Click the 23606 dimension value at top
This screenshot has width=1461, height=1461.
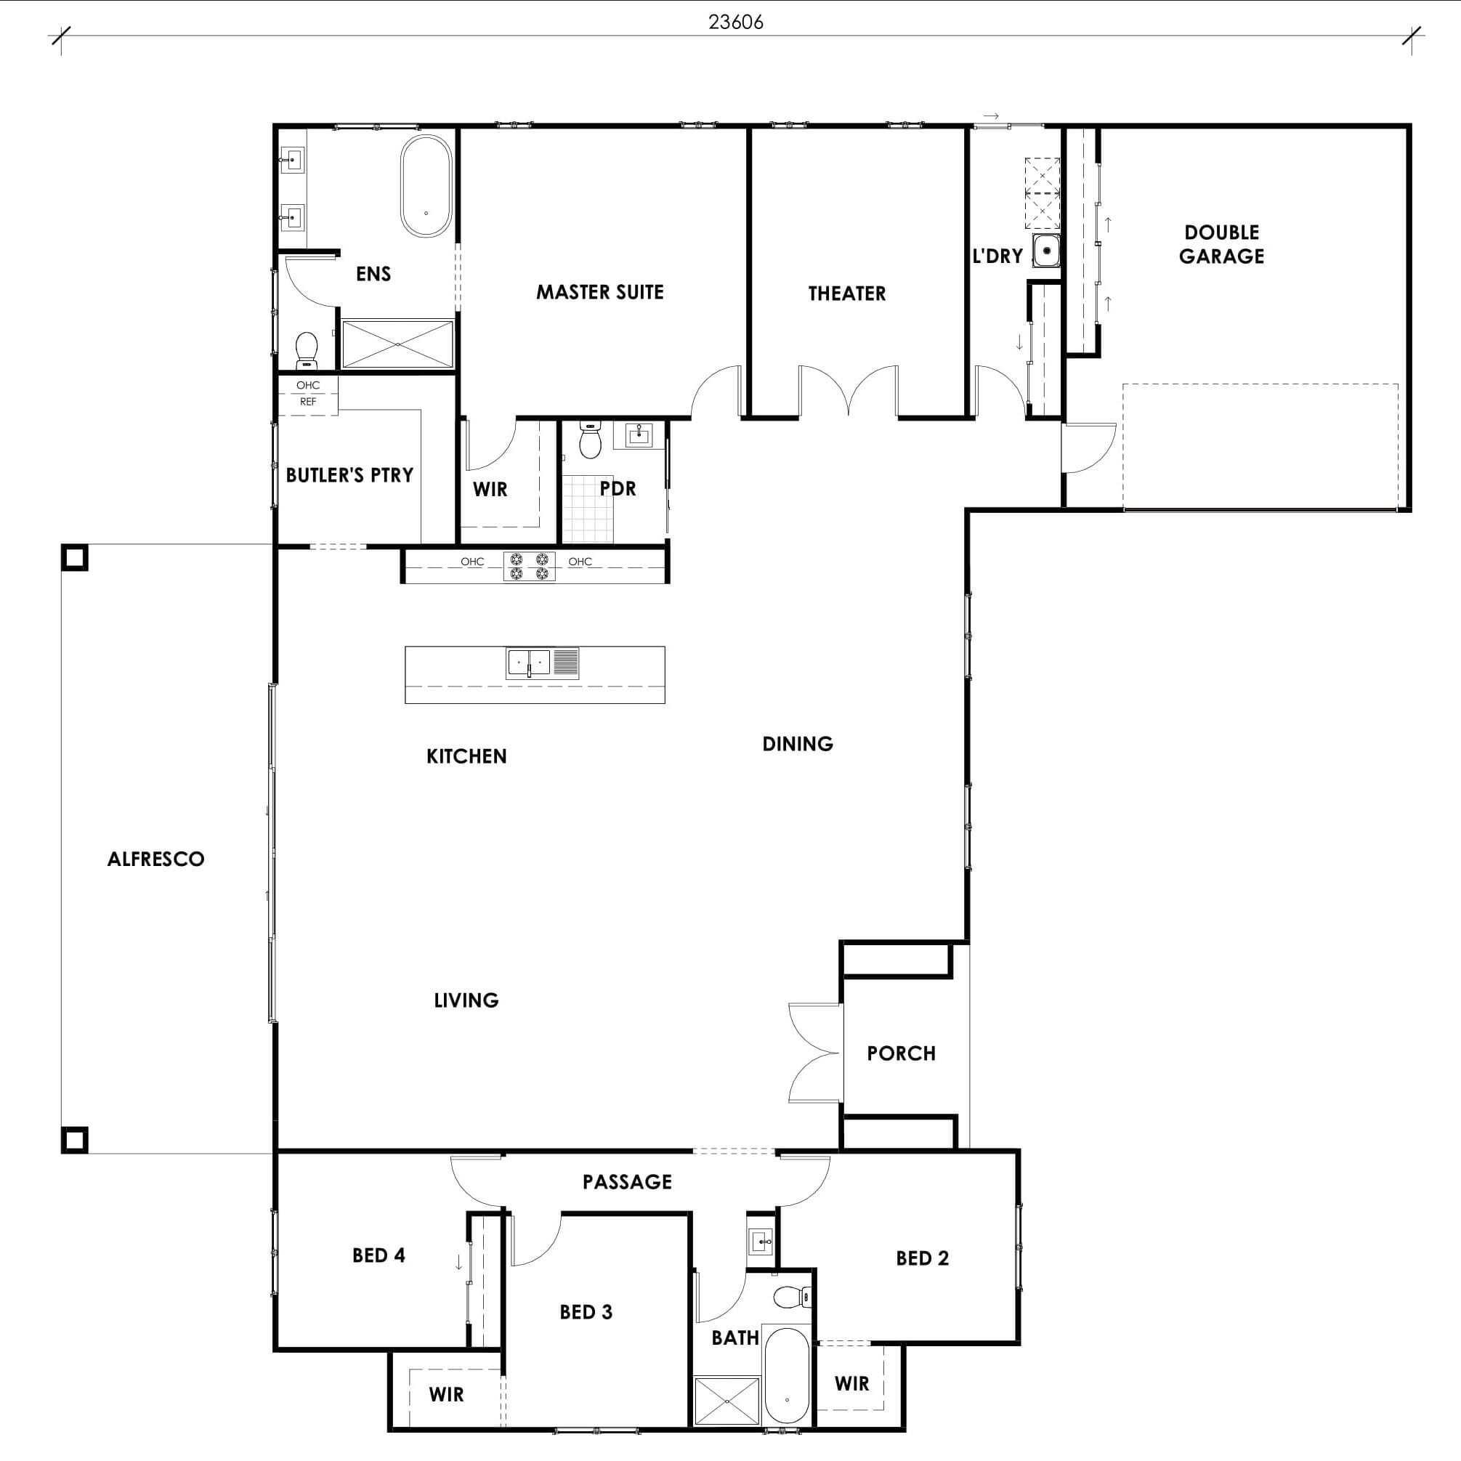(736, 22)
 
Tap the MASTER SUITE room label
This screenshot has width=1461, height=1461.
(599, 292)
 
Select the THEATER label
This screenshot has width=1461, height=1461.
(847, 294)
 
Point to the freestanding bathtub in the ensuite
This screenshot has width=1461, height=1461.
(426, 186)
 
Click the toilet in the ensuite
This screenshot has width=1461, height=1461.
(307, 350)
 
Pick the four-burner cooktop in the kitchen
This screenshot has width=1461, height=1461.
(530, 567)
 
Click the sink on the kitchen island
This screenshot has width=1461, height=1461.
(529, 663)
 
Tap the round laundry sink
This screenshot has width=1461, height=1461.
(1047, 251)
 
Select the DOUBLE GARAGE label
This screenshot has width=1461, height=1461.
(1221, 244)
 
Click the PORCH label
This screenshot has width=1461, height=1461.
(902, 1053)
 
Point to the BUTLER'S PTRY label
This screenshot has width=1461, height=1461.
(349, 475)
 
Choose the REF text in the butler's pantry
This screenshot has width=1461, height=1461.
(308, 402)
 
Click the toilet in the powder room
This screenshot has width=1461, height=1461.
(590, 440)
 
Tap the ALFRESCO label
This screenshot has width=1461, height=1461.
(155, 859)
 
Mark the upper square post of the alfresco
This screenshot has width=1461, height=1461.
(74, 558)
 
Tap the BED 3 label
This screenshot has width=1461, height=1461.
(586, 1312)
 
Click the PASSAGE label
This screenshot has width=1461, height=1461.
(627, 1182)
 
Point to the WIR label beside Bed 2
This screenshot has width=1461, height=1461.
(852, 1384)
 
